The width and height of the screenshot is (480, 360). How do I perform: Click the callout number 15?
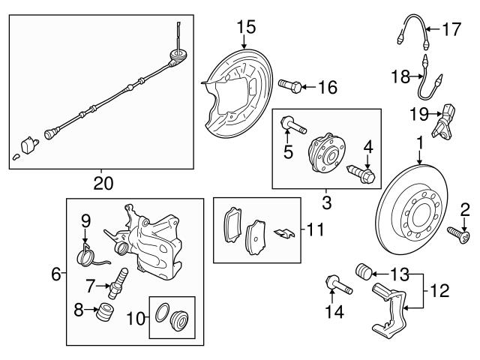point(246,27)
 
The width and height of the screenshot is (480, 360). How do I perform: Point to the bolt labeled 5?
point(293,125)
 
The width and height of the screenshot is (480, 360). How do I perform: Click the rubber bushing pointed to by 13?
point(362,271)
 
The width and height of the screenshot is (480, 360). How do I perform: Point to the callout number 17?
point(451,30)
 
